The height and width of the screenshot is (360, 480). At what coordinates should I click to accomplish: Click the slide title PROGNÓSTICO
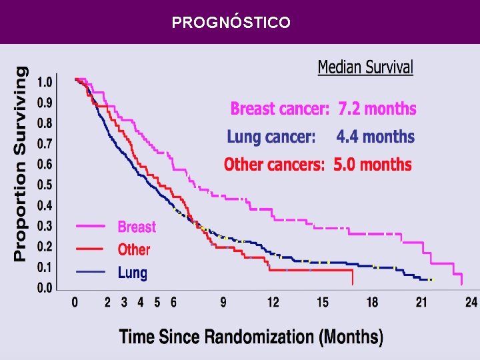click(231, 23)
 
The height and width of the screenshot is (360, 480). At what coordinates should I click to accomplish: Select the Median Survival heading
click(365, 67)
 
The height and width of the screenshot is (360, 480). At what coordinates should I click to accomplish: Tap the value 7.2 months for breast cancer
click(377, 109)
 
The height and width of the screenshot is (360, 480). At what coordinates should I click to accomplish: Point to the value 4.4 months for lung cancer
click(375, 137)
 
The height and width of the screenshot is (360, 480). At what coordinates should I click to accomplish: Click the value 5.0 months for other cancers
click(373, 165)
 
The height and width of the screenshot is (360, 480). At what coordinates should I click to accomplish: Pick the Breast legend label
click(137, 227)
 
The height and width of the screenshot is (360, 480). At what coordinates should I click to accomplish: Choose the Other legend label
click(134, 249)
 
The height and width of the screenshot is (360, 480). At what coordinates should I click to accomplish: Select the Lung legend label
click(133, 273)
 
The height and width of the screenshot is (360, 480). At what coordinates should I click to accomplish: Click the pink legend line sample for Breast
click(91, 226)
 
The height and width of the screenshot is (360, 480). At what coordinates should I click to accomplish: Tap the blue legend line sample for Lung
click(91, 272)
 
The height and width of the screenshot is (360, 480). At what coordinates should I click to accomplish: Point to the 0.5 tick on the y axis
click(45, 185)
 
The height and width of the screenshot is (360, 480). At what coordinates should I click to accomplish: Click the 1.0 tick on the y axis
click(45, 82)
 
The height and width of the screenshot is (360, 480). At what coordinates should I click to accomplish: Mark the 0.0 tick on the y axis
click(45, 288)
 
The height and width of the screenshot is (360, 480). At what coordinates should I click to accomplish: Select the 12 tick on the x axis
click(273, 303)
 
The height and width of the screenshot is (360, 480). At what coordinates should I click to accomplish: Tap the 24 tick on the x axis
click(471, 303)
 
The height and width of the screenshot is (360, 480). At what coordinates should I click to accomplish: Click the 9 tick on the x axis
click(223, 303)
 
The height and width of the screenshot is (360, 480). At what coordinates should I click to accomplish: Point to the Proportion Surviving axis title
click(21, 164)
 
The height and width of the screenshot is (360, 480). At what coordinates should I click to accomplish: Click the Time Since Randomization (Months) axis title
click(251, 337)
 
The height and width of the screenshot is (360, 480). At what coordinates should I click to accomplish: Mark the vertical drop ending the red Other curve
click(353, 277)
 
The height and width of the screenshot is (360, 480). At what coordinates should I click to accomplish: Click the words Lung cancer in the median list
click(271, 137)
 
